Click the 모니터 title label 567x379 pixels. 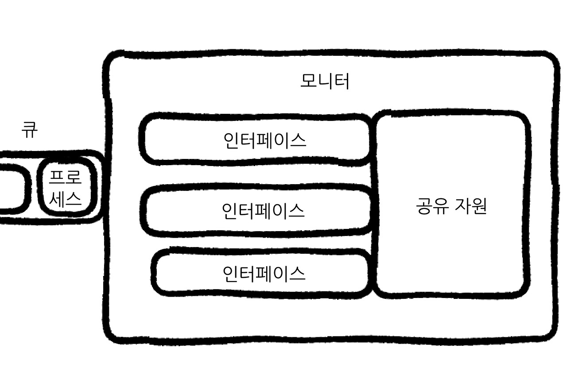click(x=325, y=81)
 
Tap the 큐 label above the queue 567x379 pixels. click(x=30, y=130)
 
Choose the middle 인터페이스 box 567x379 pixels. click(x=257, y=210)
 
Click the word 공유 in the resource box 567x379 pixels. click(x=432, y=206)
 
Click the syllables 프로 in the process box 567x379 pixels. click(x=65, y=178)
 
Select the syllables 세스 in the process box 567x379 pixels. click(x=65, y=199)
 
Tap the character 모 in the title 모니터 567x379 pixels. click(x=309, y=81)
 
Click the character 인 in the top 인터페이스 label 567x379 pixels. click(x=231, y=141)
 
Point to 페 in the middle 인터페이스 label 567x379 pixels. click(x=263, y=210)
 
